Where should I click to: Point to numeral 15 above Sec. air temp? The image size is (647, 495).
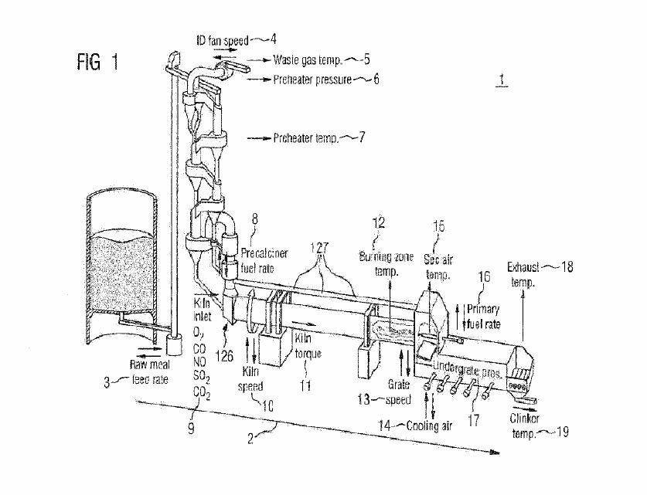click(x=438, y=227)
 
